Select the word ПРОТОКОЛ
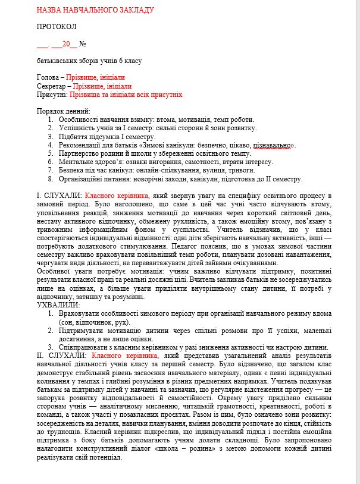pos(57,27)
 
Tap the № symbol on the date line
pos(83,44)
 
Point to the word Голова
pos(48,78)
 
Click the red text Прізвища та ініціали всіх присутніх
pos(126,95)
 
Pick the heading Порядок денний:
pos(63,111)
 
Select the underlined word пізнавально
pos(272,145)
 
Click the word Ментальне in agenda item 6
pos(77,162)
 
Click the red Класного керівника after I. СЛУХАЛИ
pos(117,196)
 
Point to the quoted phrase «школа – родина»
pos(181,450)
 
